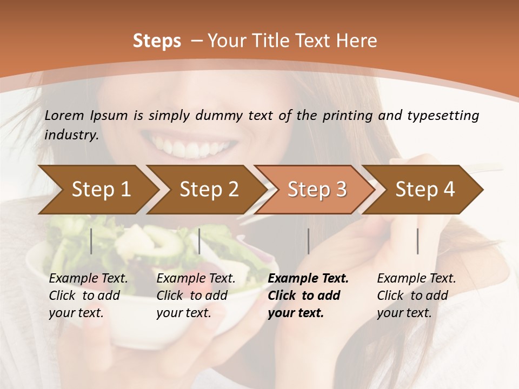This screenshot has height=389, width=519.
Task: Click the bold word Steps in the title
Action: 157,41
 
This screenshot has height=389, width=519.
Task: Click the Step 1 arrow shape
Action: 101,190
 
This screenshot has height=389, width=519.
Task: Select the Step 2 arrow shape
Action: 209,190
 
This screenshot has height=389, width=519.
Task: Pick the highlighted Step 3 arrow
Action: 317,190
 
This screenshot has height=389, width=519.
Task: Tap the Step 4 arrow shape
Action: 425,190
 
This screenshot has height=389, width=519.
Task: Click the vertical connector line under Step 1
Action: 91,241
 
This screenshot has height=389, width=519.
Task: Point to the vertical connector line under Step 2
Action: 199,241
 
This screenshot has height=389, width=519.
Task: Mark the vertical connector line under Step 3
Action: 308,241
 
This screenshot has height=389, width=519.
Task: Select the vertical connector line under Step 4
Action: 417,241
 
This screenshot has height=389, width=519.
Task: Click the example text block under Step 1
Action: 88,296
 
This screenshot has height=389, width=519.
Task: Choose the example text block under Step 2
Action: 196,296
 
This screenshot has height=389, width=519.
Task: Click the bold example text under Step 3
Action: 308,296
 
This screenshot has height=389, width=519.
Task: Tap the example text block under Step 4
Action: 416,296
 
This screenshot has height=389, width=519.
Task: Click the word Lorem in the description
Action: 64,115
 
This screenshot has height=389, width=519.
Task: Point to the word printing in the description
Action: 348,116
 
